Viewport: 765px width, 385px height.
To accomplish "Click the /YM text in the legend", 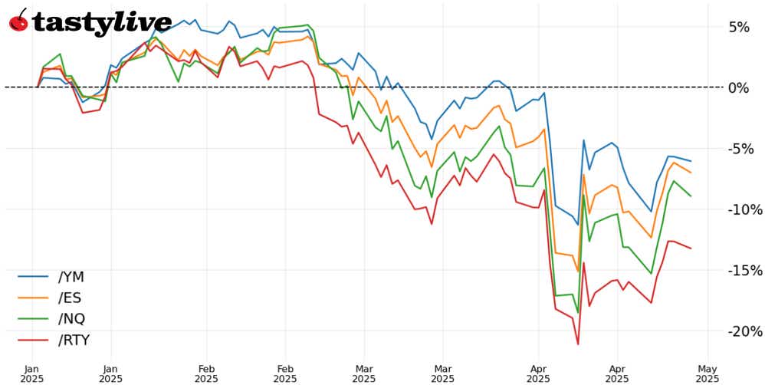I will point(76,277).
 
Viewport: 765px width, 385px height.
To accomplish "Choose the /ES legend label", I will point(74,298).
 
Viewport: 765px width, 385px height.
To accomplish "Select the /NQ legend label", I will point(75,318).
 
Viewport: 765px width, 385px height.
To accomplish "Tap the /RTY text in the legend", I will point(79,339).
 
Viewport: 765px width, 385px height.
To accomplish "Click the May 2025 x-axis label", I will point(708,371).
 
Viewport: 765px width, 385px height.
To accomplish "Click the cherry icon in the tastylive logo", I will point(18,21).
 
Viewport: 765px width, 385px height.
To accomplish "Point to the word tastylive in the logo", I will point(102,22).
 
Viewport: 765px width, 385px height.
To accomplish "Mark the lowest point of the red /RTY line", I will point(578,344).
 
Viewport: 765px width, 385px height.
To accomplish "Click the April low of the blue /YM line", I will point(578,225).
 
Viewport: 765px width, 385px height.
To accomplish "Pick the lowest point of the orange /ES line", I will point(578,271).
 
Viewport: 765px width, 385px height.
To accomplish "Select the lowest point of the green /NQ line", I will point(578,313).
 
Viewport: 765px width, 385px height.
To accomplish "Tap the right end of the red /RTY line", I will point(691,248).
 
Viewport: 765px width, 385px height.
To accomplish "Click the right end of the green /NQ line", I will point(691,196).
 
